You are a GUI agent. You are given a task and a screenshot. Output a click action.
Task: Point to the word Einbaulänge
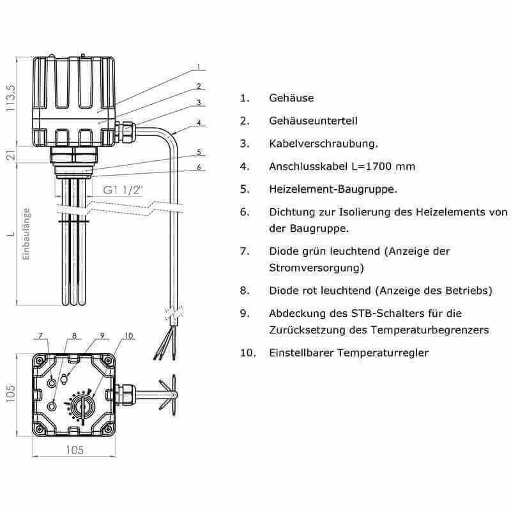click(x=27, y=234)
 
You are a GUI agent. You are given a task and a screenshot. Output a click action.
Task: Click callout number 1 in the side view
click(x=199, y=66)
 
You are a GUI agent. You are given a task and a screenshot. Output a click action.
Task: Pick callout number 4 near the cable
click(x=199, y=123)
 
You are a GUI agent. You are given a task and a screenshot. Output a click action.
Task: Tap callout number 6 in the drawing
click(x=199, y=167)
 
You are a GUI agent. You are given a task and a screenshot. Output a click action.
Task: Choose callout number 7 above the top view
click(x=40, y=335)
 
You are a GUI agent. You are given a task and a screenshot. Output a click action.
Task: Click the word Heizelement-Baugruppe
click(x=332, y=190)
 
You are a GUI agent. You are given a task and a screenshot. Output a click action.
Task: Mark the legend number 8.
click(x=244, y=291)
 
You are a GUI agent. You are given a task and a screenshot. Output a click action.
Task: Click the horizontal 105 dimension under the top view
click(x=75, y=450)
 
